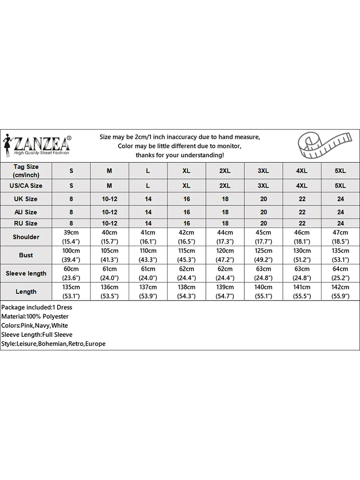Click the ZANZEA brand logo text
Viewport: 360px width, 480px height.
(42, 143)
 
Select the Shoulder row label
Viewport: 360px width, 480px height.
(26, 237)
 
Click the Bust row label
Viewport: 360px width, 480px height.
(26, 255)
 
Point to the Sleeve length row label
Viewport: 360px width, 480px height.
(26, 273)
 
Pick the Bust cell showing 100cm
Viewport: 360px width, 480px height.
(71, 251)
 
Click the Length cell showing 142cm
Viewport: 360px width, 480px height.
(340, 287)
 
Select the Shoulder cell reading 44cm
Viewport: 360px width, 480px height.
(225, 233)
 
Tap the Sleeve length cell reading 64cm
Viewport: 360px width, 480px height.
(340, 269)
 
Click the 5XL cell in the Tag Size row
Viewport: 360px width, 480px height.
(340, 171)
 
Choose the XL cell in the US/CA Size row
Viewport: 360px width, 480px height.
(186, 185)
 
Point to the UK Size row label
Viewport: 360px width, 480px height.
(26, 199)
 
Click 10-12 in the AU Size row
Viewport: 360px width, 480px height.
(109, 212)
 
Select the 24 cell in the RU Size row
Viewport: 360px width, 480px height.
(340, 223)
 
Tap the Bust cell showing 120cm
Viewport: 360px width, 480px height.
(225, 251)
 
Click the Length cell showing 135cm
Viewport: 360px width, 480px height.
(71, 287)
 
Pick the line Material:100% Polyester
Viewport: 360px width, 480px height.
(35, 316)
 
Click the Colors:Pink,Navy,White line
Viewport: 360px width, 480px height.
(35, 325)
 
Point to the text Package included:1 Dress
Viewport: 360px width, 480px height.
(36, 307)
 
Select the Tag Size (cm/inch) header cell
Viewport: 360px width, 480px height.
(26, 171)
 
